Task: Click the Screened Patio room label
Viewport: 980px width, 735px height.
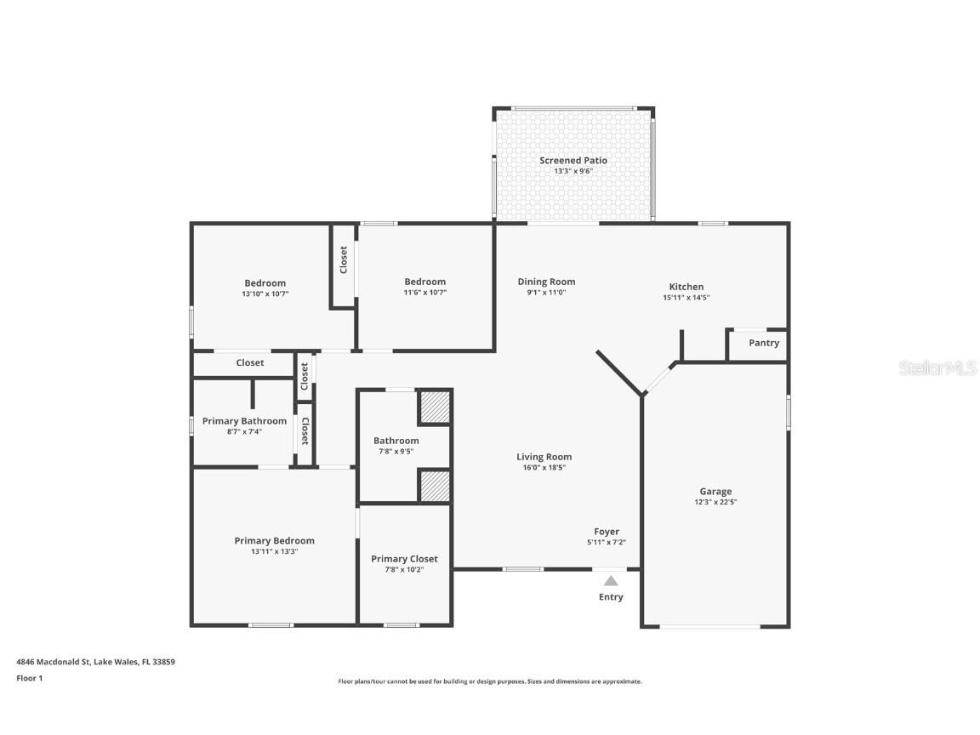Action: click(x=573, y=161)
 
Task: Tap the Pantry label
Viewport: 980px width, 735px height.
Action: click(x=764, y=343)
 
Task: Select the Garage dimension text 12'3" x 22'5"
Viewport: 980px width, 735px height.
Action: click(x=715, y=502)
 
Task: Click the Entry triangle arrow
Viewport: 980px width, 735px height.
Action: click(x=611, y=581)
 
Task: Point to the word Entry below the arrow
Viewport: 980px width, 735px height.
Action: click(x=611, y=597)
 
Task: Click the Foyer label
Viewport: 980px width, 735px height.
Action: click(x=607, y=532)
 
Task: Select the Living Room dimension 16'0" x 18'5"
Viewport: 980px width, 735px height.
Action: click(x=544, y=468)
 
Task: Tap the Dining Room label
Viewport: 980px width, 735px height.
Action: click(x=546, y=282)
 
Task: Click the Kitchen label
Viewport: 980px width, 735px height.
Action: click(x=687, y=287)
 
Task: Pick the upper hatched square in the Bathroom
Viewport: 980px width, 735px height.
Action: click(x=435, y=407)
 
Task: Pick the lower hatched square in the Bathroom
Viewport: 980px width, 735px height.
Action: click(x=435, y=487)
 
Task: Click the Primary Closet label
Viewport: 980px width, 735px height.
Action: click(x=404, y=559)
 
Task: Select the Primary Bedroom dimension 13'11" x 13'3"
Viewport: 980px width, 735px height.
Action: click(x=275, y=552)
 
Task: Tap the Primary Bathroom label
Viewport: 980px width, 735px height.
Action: click(x=244, y=421)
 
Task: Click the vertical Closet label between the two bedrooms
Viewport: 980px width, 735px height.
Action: click(x=343, y=259)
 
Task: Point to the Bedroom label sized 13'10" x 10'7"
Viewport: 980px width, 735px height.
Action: click(x=265, y=283)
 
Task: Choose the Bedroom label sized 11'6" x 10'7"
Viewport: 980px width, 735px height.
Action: click(x=425, y=282)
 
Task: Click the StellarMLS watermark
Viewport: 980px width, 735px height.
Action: click(x=937, y=368)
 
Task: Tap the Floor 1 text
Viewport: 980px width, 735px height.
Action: click(x=30, y=678)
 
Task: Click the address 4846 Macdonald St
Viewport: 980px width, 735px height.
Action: click(x=54, y=662)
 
